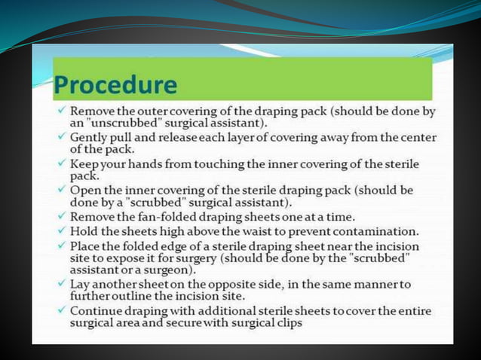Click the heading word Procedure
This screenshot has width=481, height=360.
[115, 84]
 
